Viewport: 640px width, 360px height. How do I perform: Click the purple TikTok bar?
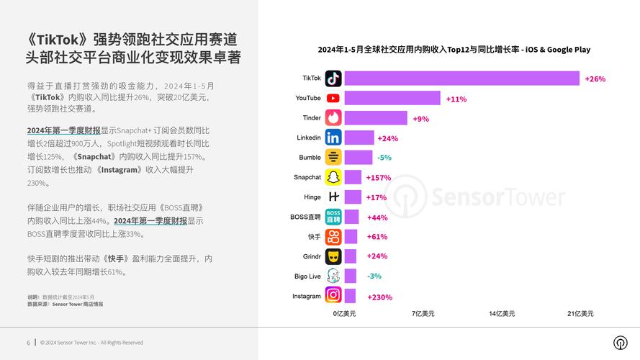click(461, 78)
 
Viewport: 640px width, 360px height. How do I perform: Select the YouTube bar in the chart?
click(392, 98)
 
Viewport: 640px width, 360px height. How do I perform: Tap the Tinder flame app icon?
click(333, 117)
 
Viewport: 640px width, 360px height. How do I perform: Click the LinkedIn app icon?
click(333, 138)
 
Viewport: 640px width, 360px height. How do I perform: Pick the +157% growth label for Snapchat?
click(378, 177)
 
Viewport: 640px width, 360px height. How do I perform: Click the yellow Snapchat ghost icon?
click(333, 177)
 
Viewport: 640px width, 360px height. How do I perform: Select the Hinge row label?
click(312, 197)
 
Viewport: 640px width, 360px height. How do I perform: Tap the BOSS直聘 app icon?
click(333, 217)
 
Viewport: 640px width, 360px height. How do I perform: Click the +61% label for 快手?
click(377, 237)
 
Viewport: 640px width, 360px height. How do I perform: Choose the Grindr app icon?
click(333, 256)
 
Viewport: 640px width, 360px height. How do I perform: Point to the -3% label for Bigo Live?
click(374, 276)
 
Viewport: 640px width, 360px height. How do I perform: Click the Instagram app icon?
click(333, 295)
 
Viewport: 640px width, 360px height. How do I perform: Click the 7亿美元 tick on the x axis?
click(423, 314)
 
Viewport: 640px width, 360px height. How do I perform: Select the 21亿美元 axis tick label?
click(581, 314)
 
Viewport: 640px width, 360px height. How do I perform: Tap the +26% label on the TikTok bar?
click(595, 78)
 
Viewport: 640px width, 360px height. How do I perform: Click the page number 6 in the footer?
click(28, 343)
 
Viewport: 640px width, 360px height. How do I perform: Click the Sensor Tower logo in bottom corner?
click(620, 343)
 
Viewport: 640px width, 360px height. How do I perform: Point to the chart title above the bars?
click(454, 50)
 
